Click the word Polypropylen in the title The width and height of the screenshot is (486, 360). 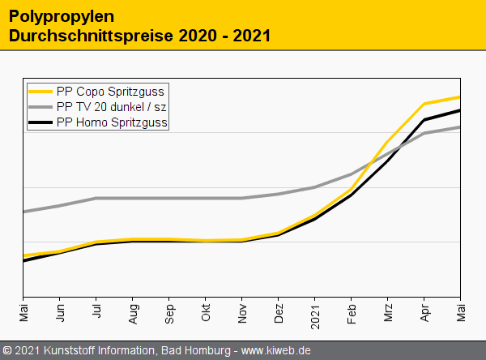50,16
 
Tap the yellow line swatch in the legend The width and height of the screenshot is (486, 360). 41,92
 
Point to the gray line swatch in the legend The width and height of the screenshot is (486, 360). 41,107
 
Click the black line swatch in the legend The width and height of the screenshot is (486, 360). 41,122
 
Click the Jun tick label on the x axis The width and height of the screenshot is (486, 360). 60,311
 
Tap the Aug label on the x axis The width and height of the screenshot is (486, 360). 133,312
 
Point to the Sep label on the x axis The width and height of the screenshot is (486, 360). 169,312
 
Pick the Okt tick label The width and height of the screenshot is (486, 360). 206,311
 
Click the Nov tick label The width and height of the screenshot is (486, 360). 242,312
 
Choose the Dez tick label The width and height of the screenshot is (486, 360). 279,312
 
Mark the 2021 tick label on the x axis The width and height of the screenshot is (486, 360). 315,314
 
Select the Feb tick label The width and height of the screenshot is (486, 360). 352,312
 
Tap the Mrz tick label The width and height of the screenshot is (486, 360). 388,311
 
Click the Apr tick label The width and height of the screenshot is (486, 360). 424,311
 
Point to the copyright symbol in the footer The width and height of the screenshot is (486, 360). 7,350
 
